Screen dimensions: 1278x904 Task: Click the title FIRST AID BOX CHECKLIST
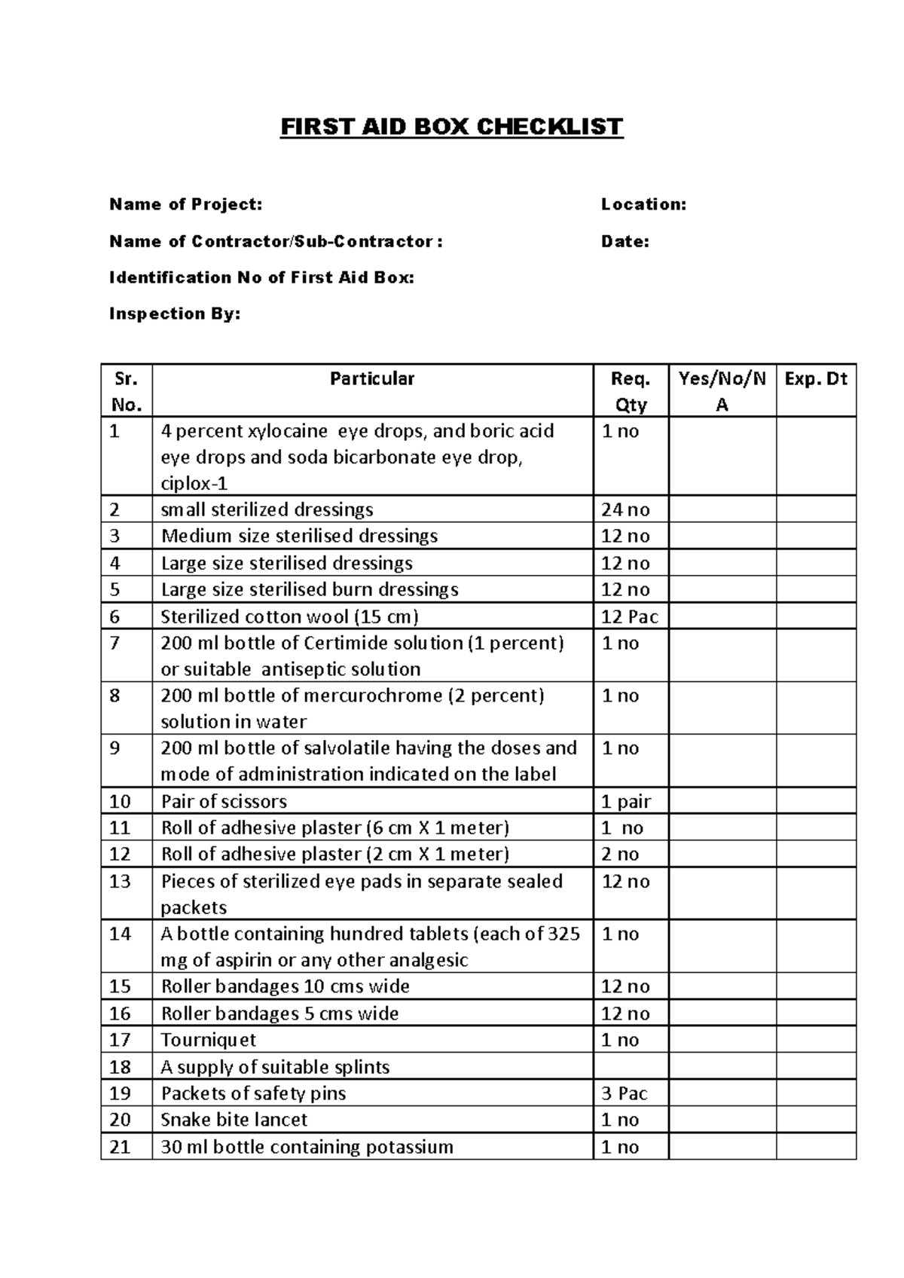(451, 127)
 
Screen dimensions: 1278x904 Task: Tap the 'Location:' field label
(643, 204)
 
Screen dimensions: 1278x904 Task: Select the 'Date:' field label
(625, 242)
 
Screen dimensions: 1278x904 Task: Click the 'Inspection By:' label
(175, 314)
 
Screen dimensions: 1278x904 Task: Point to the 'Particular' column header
(372, 379)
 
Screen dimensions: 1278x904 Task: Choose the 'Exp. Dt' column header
(816, 379)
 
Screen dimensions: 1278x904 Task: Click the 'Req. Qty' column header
(631, 392)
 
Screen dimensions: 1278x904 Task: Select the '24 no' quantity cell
(625, 510)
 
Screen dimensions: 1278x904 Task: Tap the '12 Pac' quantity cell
(629, 617)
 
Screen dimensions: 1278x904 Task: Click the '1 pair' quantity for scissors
(625, 802)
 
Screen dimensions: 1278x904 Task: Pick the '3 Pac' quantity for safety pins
(624, 1093)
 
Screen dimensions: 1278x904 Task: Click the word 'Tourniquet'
(208, 1041)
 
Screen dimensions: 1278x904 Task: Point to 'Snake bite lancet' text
(234, 1120)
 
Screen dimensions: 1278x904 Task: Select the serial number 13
(120, 882)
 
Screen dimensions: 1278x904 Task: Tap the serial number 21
(120, 1147)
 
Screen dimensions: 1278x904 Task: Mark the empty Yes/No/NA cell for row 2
(722, 510)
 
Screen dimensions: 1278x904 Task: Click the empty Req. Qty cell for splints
(631, 1067)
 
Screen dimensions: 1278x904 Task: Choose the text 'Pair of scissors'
(224, 802)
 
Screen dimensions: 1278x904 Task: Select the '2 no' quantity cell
(619, 855)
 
